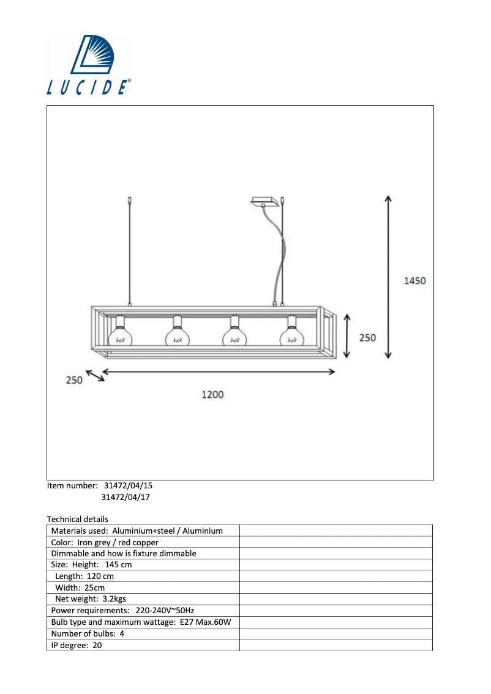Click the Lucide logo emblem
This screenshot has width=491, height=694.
pyautogui.click(x=92, y=54)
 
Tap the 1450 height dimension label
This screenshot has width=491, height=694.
pyautogui.click(x=415, y=281)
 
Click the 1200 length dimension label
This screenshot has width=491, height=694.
pyautogui.click(x=212, y=394)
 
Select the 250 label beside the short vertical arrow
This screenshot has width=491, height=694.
pyautogui.click(x=367, y=338)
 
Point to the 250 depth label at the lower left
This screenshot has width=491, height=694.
pyautogui.click(x=74, y=380)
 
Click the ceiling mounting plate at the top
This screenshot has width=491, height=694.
pyautogui.click(x=264, y=202)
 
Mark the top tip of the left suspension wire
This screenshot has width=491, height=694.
pyautogui.click(x=129, y=198)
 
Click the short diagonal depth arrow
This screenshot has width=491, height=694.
pyautogui.click(x=95, y=376)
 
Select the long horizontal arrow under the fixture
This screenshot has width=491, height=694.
pyautogui.click(x=219, y=372)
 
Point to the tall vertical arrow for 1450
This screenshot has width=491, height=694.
pyautogui.click(x=388, y=277)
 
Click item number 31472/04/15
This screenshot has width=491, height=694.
pyautogui.click(x=128, y=485)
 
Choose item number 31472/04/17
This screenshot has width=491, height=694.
pyautogui.click(x=126, y=497)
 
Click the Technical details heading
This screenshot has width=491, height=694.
pyautogui.click(x=78, y=519)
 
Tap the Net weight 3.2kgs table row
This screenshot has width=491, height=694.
pyautogui.click(x=143, y=599)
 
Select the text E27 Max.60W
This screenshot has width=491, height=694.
pyautogui.click(x=206, y=622)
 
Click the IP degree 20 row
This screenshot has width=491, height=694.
pyautogui.click(x=143, y=645)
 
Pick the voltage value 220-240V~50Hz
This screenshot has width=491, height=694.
pyautogui.click(x=165, y=610)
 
